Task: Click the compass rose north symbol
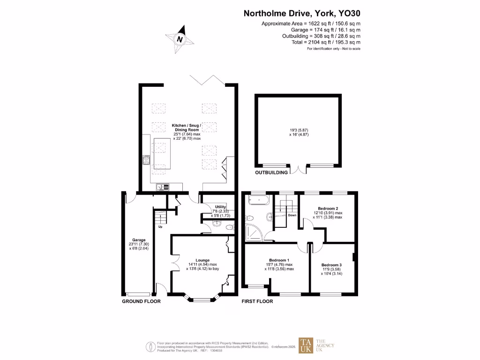(x=179, y=39)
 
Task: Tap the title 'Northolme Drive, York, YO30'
(x=302, y=14)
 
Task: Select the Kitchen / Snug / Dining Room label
(x=186, y=126)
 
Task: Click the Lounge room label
(x=202, y=260)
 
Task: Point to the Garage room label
(x=139, y=240)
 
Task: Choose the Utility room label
(x=220, y=207)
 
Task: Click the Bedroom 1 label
(x=279, y=260)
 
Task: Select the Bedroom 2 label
(x=328, y=208)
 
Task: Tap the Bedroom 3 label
(x=331, y=265)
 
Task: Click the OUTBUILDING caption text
(x=271, y=172)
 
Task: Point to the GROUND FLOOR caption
(x=141, y=301)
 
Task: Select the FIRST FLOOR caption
(x=257, y=301)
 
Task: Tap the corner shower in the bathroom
(x=254, y=232)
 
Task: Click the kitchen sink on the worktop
(x=163, y=187)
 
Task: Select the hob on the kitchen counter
(x=146, y=161)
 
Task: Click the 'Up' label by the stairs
(x=160, y=227)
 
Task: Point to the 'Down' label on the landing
(x=292, y=215)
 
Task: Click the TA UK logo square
(x=307, y=346)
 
